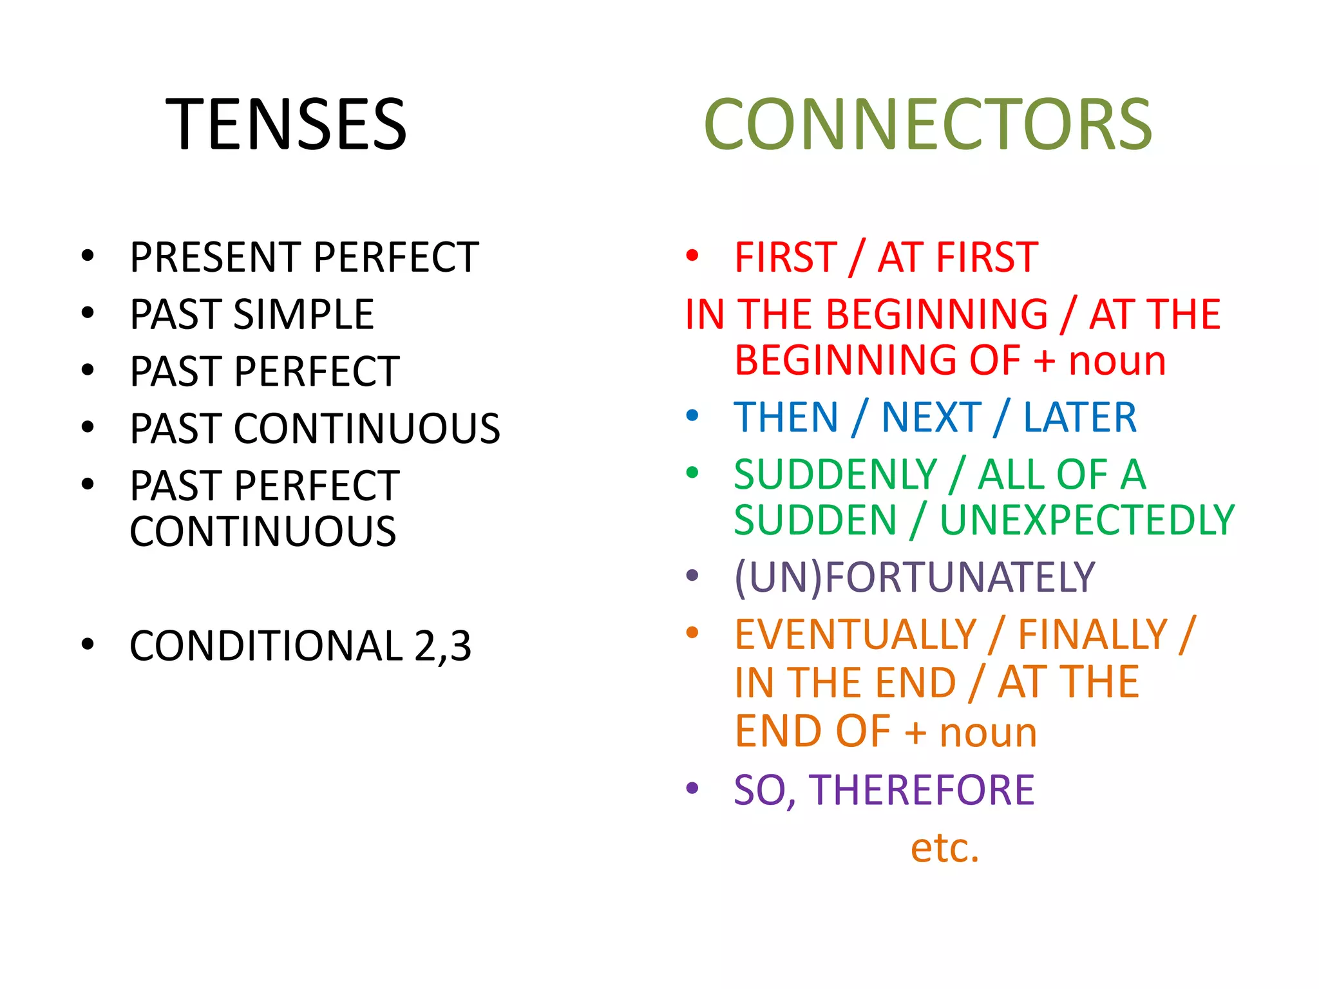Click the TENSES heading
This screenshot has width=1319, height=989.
[286, 124]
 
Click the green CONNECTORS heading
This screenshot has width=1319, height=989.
[927, 124]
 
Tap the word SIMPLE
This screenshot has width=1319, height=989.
[303, 315]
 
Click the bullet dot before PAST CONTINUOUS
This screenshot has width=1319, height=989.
[88, 427]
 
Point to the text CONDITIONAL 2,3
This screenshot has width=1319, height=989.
[300, 646]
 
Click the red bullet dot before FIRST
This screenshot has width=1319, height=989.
[692, 256]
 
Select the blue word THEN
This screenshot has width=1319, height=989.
[786, 417]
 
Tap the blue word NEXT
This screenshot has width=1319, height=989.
[931, 417]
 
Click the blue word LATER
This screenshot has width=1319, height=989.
[1080, 417]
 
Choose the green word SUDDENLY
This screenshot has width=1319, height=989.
[835, 475]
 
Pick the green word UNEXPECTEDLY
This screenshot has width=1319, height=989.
[1087, 520]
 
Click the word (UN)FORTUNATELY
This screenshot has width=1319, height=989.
[915, 577]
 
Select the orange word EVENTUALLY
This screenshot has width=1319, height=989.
[856, 635]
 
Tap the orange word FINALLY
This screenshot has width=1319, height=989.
[1092, 635]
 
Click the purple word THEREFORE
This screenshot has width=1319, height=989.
[922, 790]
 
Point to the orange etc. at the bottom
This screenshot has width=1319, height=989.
[944, 847]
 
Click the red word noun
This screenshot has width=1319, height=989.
[1117, 361]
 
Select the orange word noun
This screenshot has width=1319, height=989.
[988, 733]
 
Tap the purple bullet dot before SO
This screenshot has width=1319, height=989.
[692, 787]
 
